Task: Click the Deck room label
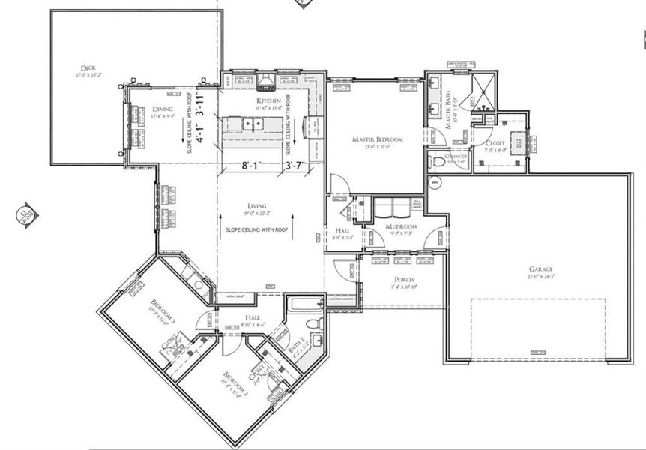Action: (x=88, y=67)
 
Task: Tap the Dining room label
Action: (x=163, y=109)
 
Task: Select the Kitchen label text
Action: (x=268, y=100)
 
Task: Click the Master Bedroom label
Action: (x=378, y=139)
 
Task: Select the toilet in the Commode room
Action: (x=436, y=160)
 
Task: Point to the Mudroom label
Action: (x=401, y=226)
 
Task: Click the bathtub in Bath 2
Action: (x=304, y=304)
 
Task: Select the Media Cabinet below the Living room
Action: (x=235, y=298)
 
